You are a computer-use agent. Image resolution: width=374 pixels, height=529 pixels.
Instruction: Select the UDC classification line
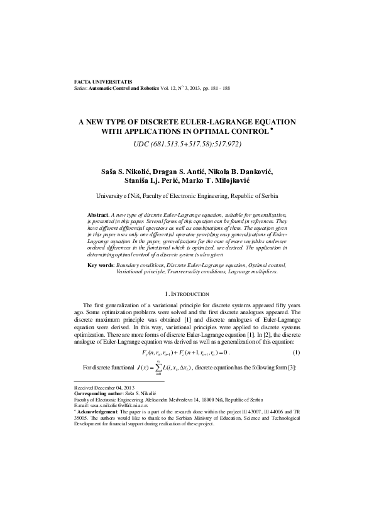tap(187, 145)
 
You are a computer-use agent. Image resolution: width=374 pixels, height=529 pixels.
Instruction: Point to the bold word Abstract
tap(99, 215)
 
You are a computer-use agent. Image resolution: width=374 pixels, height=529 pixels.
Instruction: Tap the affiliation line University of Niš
tap(187, 196)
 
